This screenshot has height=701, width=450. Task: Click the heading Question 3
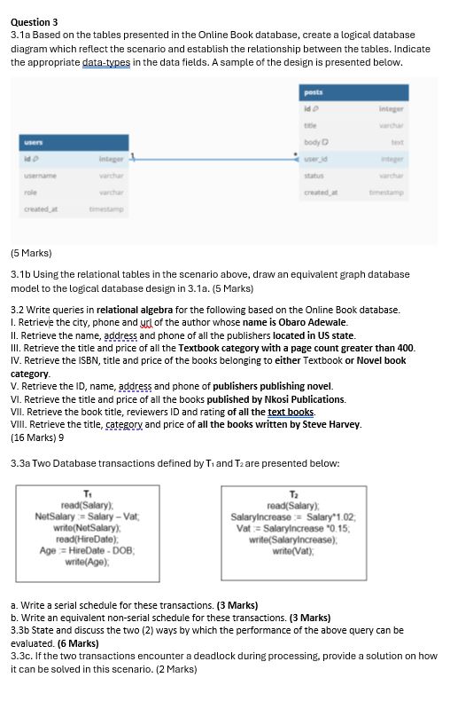pos(35,22)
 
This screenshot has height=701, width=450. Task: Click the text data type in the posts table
pos(397,141)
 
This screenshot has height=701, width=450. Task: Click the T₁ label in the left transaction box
pos(86,493)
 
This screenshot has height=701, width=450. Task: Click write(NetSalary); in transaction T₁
pos(87,528)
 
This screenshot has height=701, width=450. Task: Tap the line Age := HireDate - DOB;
pos(86,550)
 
